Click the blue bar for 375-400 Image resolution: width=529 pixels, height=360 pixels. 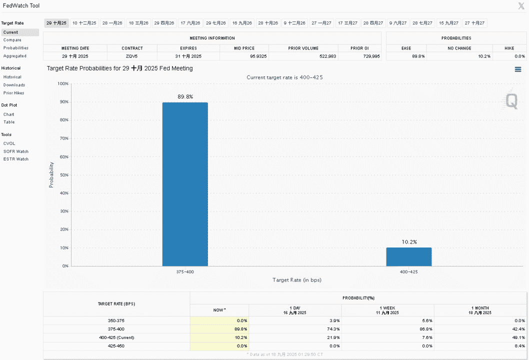185,184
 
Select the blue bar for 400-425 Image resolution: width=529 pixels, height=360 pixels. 409,257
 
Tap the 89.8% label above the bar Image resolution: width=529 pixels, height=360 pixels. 185,97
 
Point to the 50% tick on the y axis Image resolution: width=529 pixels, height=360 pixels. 64,175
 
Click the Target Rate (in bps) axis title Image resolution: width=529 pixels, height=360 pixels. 297,279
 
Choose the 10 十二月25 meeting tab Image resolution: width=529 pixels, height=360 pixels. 84,23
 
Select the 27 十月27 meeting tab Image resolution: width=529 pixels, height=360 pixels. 474,23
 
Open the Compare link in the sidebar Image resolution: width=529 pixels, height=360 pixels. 12,40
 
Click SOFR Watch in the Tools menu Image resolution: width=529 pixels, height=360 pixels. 16,151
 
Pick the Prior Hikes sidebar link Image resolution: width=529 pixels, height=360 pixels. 14,93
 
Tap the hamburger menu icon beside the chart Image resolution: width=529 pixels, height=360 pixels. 518,69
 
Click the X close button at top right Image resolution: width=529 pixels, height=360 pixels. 521,5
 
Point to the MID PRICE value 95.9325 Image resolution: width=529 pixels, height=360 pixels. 258,56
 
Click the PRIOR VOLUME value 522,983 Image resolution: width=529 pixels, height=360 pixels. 328,56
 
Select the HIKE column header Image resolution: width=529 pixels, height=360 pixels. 509,48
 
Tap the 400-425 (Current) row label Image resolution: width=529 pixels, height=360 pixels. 116,337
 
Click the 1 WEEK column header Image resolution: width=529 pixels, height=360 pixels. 387,310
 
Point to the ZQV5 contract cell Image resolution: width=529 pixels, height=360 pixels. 131,56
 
